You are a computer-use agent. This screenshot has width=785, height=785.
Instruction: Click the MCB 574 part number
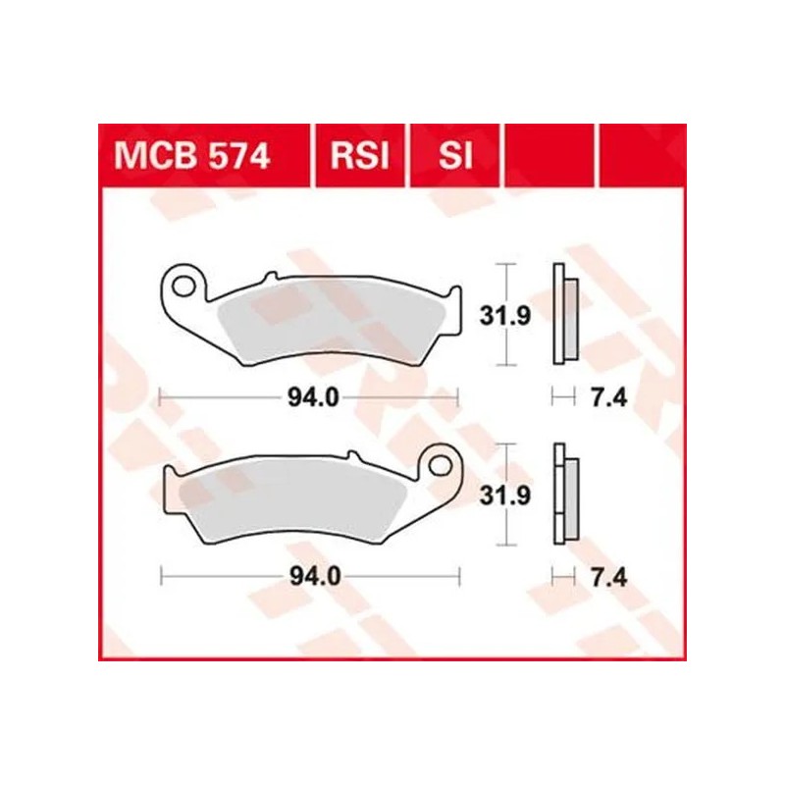pyautogui.click(x=192, y=156)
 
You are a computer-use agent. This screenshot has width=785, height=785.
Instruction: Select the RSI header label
pyautogui.click(x=361, y=156)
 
